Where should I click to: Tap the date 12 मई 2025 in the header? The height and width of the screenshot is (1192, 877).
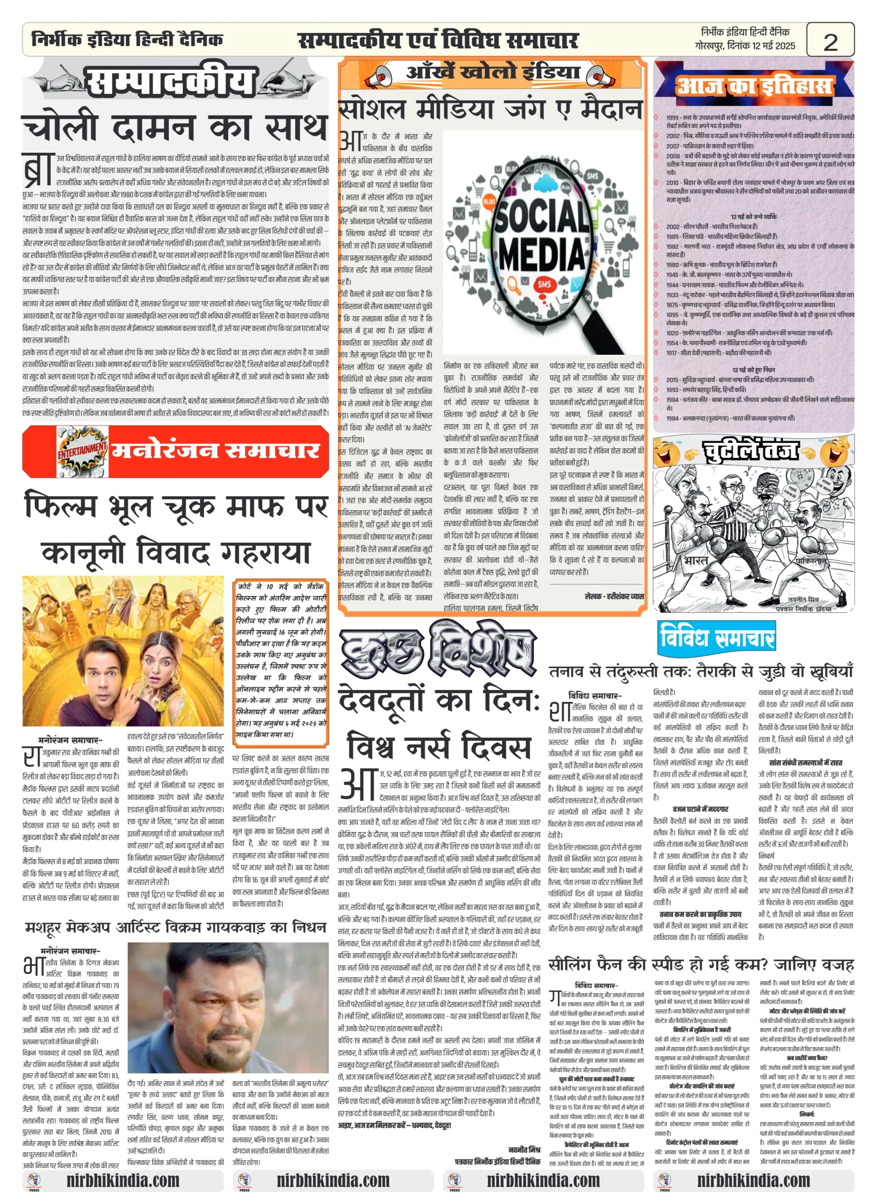coord(773,46)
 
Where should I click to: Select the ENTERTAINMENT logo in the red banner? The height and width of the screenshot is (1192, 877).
coord(82,451)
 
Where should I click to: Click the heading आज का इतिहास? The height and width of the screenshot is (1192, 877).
coord(754,86)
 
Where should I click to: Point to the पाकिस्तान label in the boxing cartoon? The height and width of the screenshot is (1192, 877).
coord(810,561)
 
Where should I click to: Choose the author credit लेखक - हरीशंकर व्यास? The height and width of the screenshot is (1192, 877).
coord(614,596)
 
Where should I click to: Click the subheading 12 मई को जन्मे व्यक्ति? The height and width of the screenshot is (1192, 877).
coord(753,216)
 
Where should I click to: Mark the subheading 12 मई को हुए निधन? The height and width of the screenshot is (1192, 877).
coord(753,370)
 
